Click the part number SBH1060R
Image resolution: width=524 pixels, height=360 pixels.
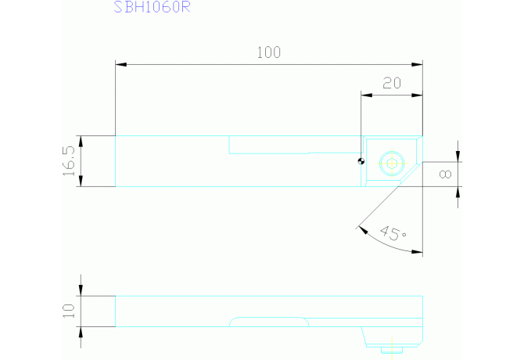153,8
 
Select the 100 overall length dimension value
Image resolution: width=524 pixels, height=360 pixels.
268,53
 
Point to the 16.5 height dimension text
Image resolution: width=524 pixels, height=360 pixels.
69,160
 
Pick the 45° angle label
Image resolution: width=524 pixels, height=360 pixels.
392,232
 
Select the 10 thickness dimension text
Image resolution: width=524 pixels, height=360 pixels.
69,311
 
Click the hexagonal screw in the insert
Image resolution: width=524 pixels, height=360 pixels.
390,164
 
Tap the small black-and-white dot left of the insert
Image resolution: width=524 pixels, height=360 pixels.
361,162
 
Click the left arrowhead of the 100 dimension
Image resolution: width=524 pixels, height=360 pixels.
120,64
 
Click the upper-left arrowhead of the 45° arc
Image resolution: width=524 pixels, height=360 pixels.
360,229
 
